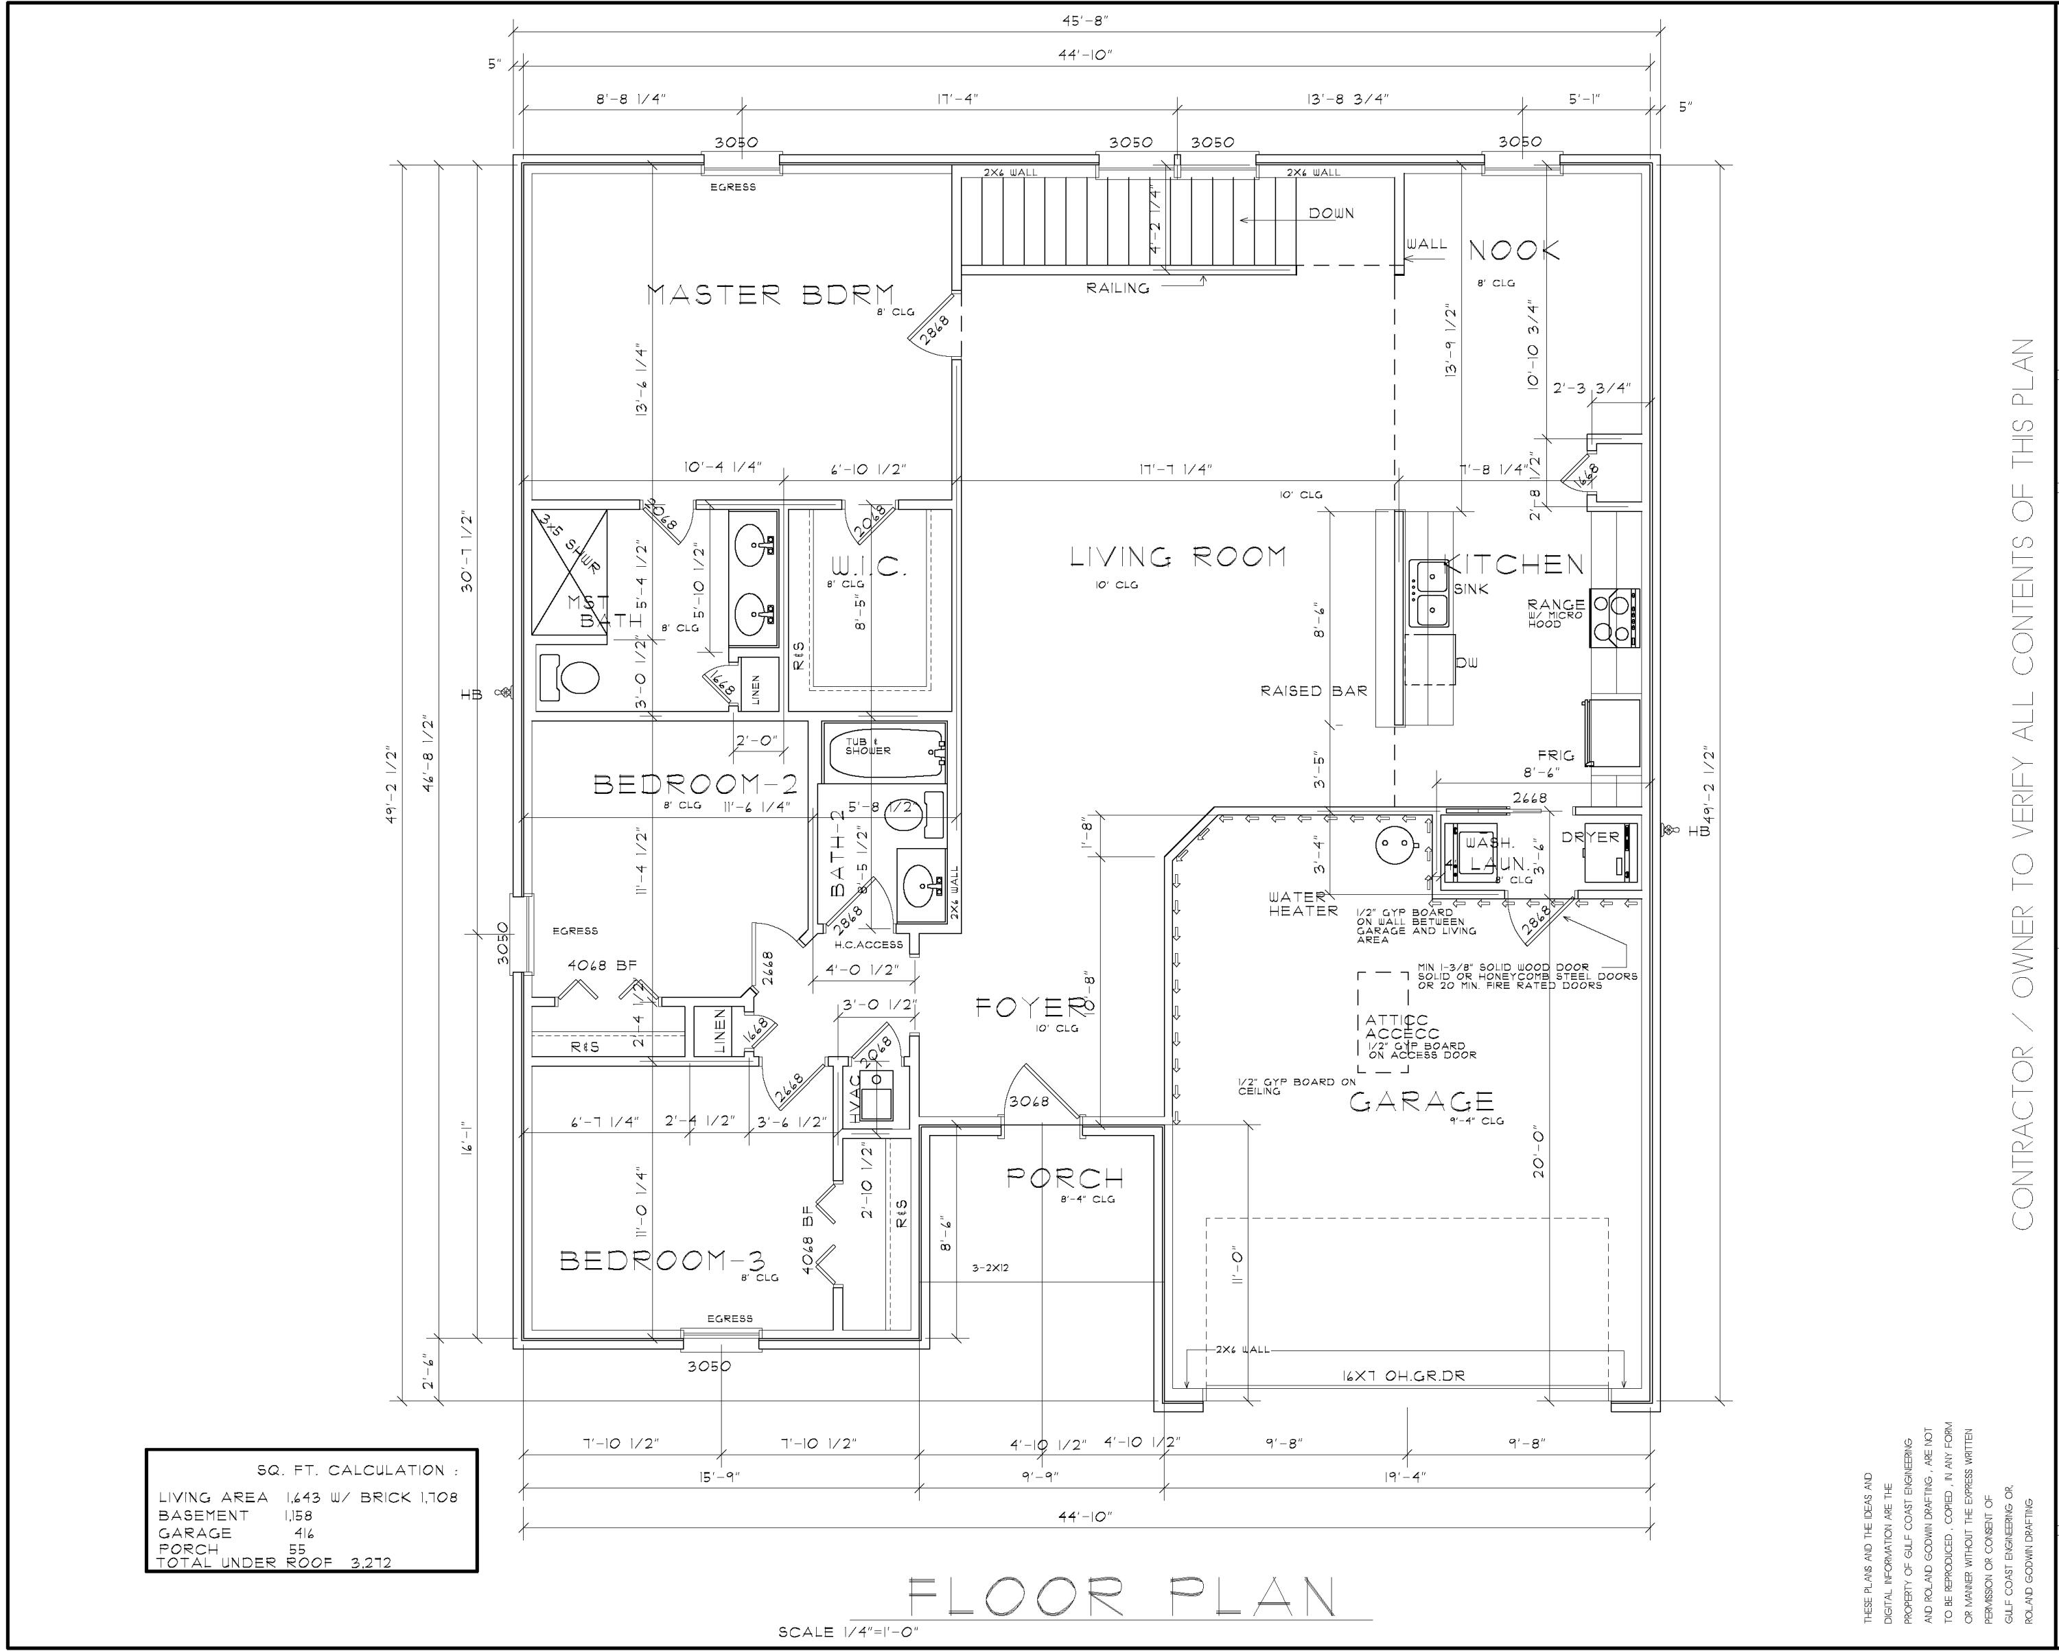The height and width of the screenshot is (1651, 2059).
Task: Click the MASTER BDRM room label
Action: click(x=770, y=294)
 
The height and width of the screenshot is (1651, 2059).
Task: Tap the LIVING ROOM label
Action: click(x=1178, y=557)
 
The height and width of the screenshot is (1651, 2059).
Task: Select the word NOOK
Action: click(x=1513, y=251)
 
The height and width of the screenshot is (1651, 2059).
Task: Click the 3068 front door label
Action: click(x=1029, y=1101)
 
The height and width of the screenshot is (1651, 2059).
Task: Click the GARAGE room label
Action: click(x=1420, y=1103)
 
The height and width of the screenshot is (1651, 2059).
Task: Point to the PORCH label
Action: click(x=1065, y=1180)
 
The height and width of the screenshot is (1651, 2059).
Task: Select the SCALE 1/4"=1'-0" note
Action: click(x=848, y=1632)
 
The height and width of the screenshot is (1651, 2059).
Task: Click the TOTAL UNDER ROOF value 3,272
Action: click(x=371, y=1563)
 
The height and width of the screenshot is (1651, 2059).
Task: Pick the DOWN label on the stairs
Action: click(x=1330, y=214)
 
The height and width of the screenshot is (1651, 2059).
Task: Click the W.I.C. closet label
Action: click(x=868, y=567)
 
